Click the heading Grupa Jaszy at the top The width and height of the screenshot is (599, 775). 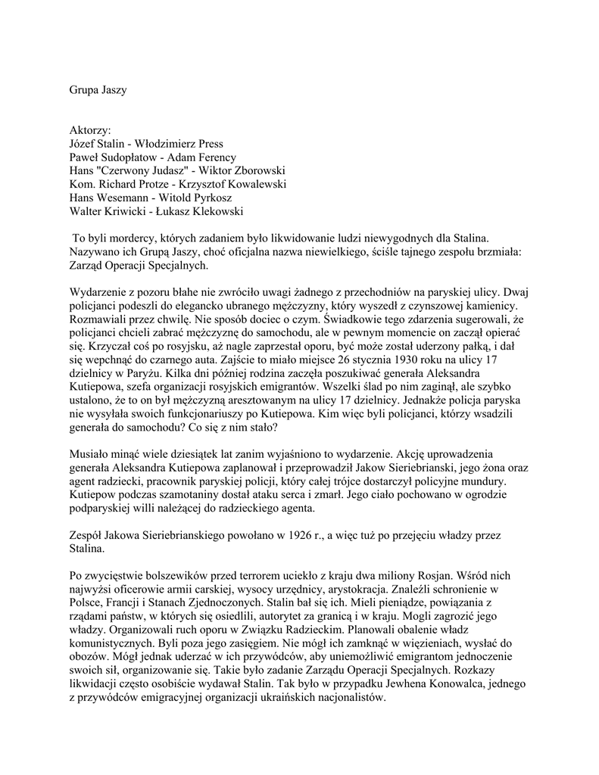pyautogui.click(x=98, y=90)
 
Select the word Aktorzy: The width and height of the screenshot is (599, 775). pyautogui.click(x=90, y=129)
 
